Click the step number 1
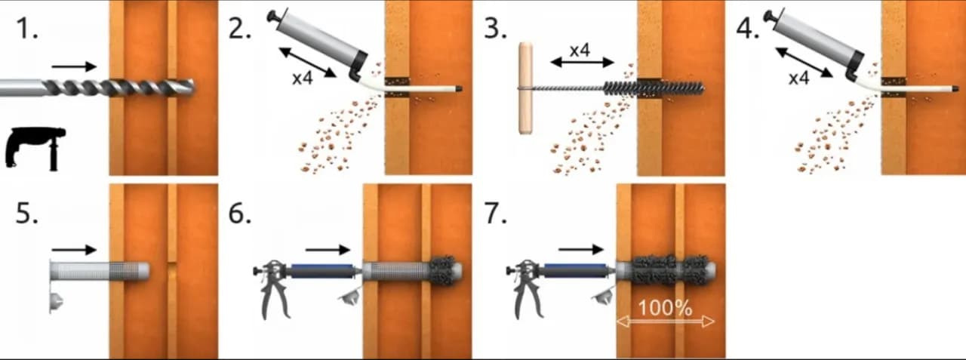point(26,29)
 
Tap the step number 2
point(239,29)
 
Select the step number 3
point(495,29)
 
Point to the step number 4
point(748,29)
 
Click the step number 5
point(26,213)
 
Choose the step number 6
point(240,213)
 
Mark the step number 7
point(496,213)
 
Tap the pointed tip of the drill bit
point(194,88)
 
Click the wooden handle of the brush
point(525,88)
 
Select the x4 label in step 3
point(580,51)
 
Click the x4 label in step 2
point(303,78)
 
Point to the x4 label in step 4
point(798,78)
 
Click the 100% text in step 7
point(665,308)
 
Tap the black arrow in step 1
point(74,66)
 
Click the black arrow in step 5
point(74,250)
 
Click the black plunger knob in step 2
point(273,17)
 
